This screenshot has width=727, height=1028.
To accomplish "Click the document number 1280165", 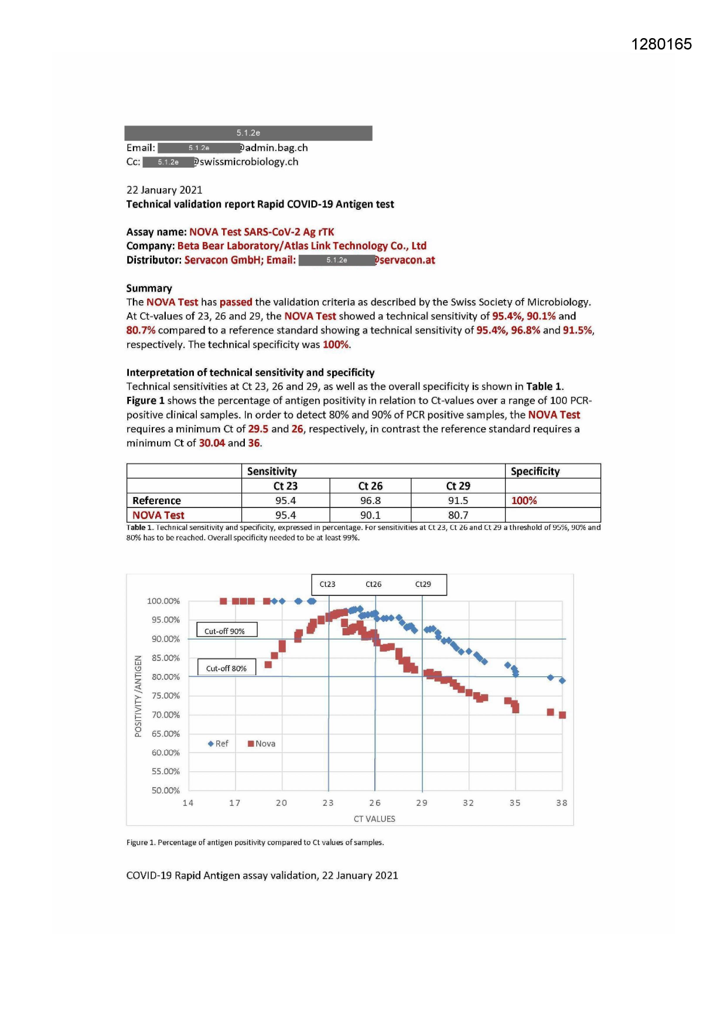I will [x=661, y=45].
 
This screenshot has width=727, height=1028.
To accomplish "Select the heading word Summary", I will [x=149, y=288].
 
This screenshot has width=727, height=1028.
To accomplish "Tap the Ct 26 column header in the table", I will [x=370, y=486].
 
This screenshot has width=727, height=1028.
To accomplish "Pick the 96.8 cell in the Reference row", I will [x=370, y=501].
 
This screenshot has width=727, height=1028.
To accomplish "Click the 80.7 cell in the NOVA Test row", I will [x=458, y=515].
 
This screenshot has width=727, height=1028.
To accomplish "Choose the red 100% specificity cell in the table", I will [x=524, y=501].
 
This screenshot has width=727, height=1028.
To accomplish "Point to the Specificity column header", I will [x=535, y=471].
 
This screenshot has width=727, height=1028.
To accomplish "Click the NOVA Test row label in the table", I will [x=158, y=515].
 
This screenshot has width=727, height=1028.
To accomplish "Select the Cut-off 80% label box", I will [x=226, y=668].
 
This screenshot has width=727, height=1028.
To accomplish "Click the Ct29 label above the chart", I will [x=423, y=584].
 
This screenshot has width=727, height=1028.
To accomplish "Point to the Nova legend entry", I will [x=261, y=744].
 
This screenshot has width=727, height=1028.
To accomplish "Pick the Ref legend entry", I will [x=218, y=744].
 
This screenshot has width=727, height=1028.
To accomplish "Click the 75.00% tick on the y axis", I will [x=165, y=696].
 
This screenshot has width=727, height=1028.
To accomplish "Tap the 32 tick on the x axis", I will [x=468, y=803].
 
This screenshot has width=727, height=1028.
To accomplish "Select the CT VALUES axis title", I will [x=374, y=819].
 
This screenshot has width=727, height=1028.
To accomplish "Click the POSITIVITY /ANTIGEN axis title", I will [x=138, y=696].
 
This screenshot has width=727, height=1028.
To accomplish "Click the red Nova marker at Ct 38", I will [x=562, y=715].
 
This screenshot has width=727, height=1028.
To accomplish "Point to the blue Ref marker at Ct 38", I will [x=562, y=680].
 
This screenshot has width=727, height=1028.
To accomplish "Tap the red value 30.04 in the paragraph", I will [x=212, y=443].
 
